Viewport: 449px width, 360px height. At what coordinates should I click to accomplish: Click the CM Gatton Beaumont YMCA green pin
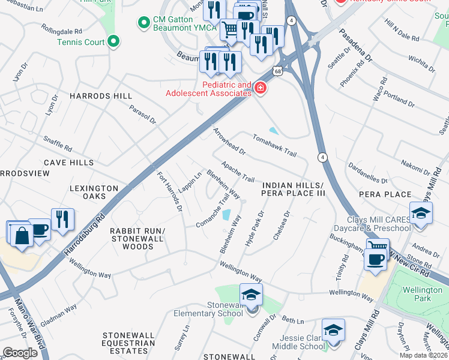(x=143, y=23)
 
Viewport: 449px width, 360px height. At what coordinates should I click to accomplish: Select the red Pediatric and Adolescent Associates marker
(x=260, y=89)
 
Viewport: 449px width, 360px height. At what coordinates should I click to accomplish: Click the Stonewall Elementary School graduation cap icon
(x=252, y=295)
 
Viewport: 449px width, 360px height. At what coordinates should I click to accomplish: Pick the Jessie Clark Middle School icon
(x=333, y=329)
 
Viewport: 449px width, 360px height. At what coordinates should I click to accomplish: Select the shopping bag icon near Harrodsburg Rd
(x=22, y=235)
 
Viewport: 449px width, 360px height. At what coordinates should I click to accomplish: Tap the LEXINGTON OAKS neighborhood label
(x=94, y=192)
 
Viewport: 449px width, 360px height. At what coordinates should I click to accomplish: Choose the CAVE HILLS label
(x=68, y=163)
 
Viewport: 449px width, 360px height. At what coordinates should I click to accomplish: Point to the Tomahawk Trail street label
(x=274, y=145)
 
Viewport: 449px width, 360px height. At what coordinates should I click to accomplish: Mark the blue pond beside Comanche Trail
(x=226, y=215)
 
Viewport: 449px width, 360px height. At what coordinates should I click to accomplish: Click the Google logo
(x=20, y=353)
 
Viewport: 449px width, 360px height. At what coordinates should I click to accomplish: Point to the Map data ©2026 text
(x=424, y=355)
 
